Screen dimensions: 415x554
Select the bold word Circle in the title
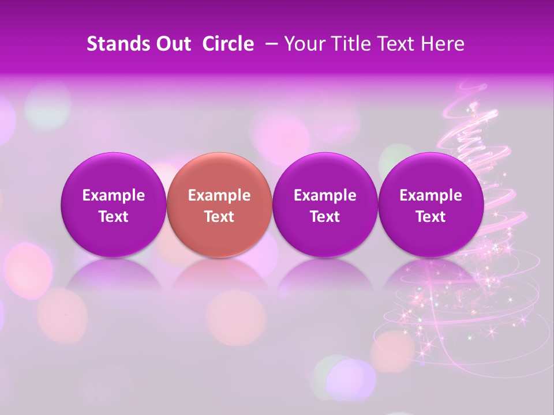[x=228, y=44]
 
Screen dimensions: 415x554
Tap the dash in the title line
[x=269, y=44]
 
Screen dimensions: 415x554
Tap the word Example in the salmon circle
[x=219, y=195]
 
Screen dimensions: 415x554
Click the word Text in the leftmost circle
[x=114, y=217]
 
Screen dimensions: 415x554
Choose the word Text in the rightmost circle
[x=431, y=217]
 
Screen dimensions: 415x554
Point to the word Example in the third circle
[x=325, y=195]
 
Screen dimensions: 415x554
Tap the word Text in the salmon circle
[x=219, y=217]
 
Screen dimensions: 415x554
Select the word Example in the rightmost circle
[x=431, y=195]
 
